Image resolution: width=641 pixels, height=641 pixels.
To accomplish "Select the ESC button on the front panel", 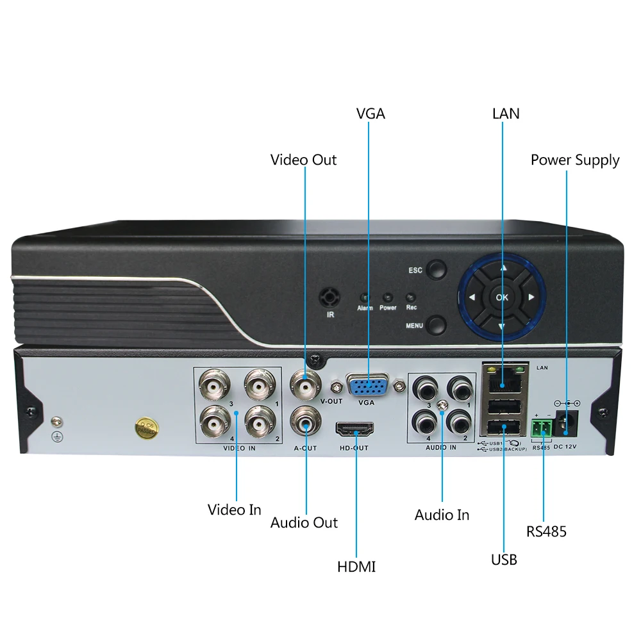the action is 437,269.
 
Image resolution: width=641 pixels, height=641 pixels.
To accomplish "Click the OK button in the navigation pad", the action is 502,297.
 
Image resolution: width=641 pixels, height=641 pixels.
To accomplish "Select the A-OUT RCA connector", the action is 305,422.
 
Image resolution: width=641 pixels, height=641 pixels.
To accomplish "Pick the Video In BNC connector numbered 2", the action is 259,422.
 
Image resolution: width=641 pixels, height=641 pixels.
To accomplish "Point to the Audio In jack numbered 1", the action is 460,388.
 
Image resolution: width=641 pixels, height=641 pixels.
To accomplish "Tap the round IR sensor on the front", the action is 330,297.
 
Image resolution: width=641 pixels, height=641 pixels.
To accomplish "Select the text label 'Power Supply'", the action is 575,160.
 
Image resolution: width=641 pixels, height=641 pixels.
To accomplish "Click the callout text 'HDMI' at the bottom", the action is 356,567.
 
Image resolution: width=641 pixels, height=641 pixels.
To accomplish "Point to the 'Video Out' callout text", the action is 303,160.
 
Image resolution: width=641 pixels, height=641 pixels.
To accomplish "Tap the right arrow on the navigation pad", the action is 531,297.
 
